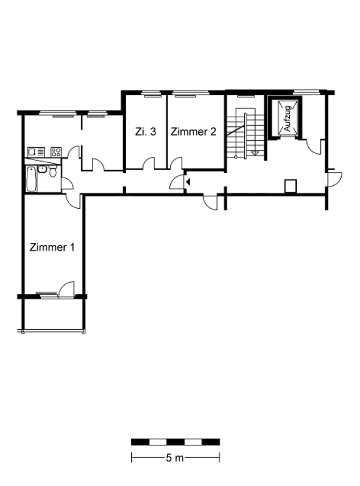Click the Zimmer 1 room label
(x=52, y=247)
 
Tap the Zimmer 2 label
(x=193, y=132)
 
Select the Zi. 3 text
(x=146, y=132)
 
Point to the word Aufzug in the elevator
(x=287, y=118)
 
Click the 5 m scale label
(x=175, y=458)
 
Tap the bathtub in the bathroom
(x=31, y=179)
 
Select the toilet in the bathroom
(x=53, y=171)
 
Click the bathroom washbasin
(x=42, y=169)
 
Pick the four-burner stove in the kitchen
(x=56, y=152)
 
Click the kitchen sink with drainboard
(x=36, y=152)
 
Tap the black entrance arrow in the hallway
(x=187, y=182)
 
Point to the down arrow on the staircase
(x=255, y=153)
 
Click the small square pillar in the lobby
(x=290, y=186)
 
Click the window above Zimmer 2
(x=191, y=93)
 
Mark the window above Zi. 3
(x=152, y=93)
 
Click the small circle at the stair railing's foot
(x=236, y=157)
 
